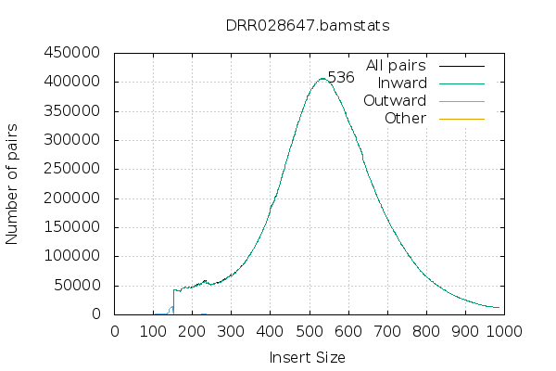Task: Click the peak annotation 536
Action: click(341, 78)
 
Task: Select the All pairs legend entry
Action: click(396, 66)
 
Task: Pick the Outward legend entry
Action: click(395, 101)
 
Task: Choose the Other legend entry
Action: click(405, 119)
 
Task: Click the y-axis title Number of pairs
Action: click(13, 183)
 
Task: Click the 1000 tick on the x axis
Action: click(504, 330)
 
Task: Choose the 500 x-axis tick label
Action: click(310, 330)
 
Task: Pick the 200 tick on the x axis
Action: click(193, 330)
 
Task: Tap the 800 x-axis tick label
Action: click(426, 330)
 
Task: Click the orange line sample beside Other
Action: click(461, 119)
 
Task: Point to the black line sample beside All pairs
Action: click(461, 66)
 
